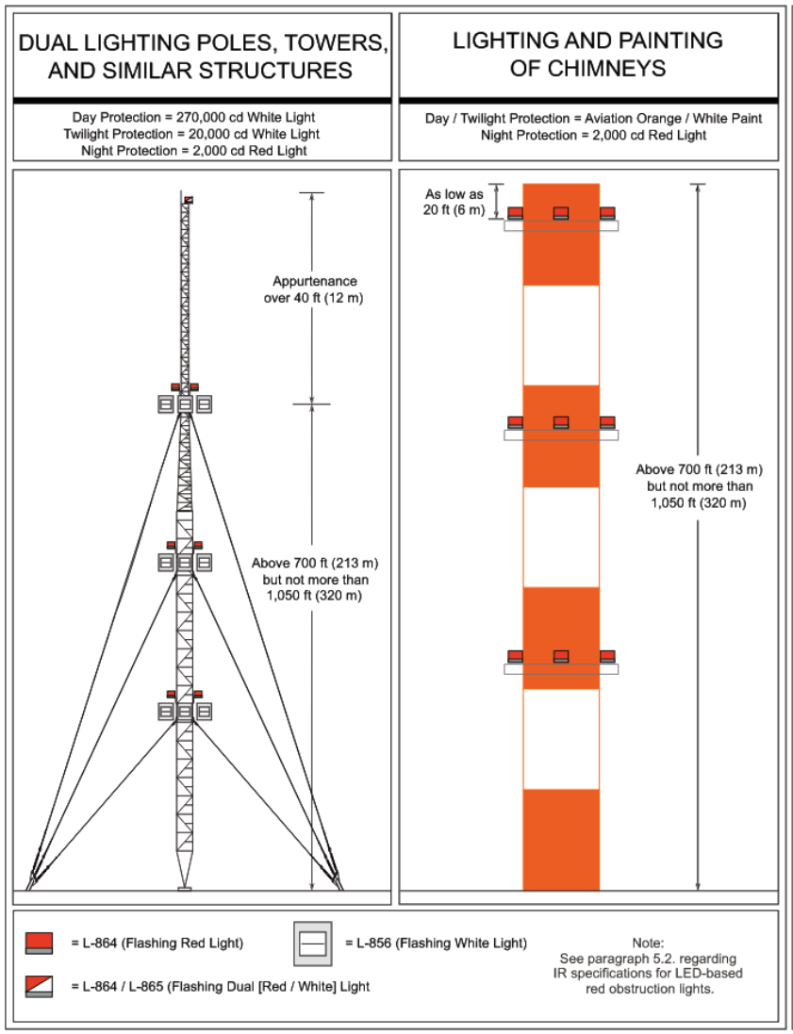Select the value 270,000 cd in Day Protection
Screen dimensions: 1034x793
205,117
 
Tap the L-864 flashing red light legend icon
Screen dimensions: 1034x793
39,942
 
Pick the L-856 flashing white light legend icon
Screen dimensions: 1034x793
313,942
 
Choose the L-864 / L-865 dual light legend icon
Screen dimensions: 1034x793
39,986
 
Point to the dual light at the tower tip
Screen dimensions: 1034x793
189,199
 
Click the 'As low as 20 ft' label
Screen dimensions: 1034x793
453,202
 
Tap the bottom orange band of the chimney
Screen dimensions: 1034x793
561,839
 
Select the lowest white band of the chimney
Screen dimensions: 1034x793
561,739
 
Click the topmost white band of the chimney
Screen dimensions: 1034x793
561,335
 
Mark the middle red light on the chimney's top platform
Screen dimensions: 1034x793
561,213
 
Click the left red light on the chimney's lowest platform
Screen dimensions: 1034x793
515,656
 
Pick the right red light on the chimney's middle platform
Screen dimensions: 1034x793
607,421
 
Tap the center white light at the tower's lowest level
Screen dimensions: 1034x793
185,712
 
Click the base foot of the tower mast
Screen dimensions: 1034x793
185,887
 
